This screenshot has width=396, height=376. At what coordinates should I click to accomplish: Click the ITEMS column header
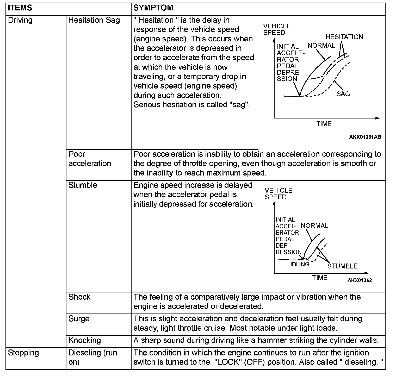pyautogui.click(x=20, y=8)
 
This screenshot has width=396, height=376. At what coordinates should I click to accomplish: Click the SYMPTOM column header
pyautogui.click(x=153, y=8)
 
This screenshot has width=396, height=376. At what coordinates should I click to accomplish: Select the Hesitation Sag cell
pyautogui.click(x=94, y=20)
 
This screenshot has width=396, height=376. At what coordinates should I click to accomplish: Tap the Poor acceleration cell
pyautogui.click(x=90, y=159)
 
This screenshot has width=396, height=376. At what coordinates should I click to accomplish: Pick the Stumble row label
pyautogui.click(x=83, y=185)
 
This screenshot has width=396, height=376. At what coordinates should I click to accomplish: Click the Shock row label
pyautogui.click(x=79, y=297)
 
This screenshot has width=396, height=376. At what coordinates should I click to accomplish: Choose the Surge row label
pyautogui.click(x=79, y=319)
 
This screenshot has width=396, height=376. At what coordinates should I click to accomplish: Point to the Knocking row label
pyautogui.click(x=84, y=340)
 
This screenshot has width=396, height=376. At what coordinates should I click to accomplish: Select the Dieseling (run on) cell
pyautogui.click(x=93, y=357)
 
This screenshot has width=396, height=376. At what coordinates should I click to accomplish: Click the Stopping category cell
pyautogui.click(x=23, y=353)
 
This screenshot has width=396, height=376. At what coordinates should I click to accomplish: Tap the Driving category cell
pyautogui.click(x=20, y=20)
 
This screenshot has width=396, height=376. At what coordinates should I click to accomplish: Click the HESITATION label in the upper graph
pyautogui.click(x=344, y=37)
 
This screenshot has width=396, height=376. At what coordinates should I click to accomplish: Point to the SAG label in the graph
pyautogui.click(x=343, y=94)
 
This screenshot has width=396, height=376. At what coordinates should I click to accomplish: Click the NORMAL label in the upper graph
pyautogui.click(x=321, y=46)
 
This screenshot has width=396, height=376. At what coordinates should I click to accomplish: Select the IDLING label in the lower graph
pyautogui.click(x=300, y=264)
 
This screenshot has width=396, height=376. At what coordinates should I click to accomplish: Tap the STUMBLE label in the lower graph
pyautogui.click(x=342, y=266)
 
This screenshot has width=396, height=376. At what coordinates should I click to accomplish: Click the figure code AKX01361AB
pyautogui.click(x=365, y=137)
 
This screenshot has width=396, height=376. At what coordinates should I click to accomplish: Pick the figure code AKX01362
pyautogui.click(x=360, y=280)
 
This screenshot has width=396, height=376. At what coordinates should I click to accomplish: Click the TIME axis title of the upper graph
pyautogui.click(x=324, y=124)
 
